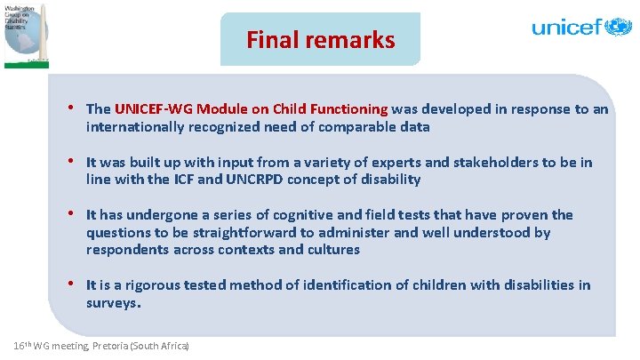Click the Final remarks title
[x=320, y=40]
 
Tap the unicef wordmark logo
[x=580, y=27]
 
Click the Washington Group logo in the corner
[x=26, y=34]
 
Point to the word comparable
[x=358, y=127]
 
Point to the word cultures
[x=332, y=250]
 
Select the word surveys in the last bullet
[x=111, y=302]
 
